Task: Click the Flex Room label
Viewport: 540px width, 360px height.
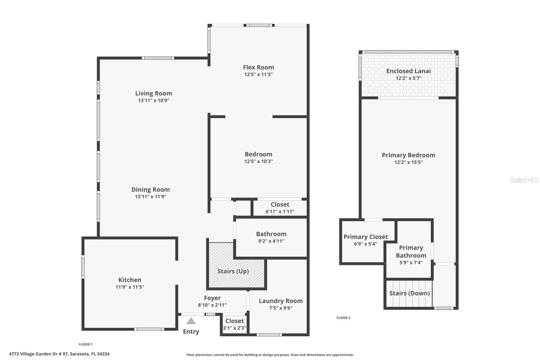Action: tap(258, 67)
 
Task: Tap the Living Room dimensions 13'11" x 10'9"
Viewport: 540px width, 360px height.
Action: tap(154, 100)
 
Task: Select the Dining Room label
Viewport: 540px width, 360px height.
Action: tap(151, 189)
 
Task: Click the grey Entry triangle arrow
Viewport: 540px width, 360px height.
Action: tap(191, 321)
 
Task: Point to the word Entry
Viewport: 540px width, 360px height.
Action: tap(191, 332)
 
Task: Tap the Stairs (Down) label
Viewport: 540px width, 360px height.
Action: tap(409, 293)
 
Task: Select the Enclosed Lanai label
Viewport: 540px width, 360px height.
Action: tap(408, 71)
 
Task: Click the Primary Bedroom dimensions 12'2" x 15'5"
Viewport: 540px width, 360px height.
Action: tap(408, 162)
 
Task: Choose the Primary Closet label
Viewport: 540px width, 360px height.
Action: tap(366, 237)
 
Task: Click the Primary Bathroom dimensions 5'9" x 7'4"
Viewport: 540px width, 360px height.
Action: tap(411, 262)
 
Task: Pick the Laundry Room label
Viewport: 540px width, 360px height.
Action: tap(280, 301)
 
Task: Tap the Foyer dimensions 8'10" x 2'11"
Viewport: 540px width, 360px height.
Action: tap(212, 305)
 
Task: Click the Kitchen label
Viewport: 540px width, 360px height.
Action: tap(130, 280)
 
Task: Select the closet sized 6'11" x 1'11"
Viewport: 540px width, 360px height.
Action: tap(280, 208)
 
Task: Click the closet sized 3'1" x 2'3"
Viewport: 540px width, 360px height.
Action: tap(235, 325)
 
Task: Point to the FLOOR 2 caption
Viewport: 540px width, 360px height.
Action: tap(343, 318)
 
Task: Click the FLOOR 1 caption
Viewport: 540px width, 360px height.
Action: tap(85, 344)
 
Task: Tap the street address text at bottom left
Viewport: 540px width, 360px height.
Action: tap(59, 354)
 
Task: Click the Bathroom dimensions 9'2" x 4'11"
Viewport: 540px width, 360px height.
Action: tap(271, 241)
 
